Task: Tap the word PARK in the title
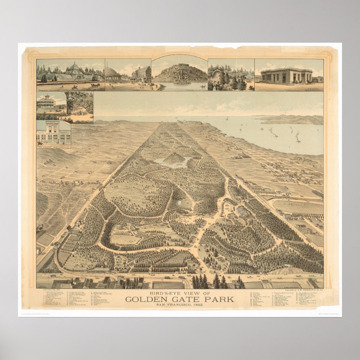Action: [220, 299]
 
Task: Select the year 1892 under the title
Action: [197, 305]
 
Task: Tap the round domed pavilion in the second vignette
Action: [113, 75]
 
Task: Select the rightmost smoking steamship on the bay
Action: [298, 138]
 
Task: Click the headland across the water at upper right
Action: [293, 119]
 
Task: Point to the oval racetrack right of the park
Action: [297, 207]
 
